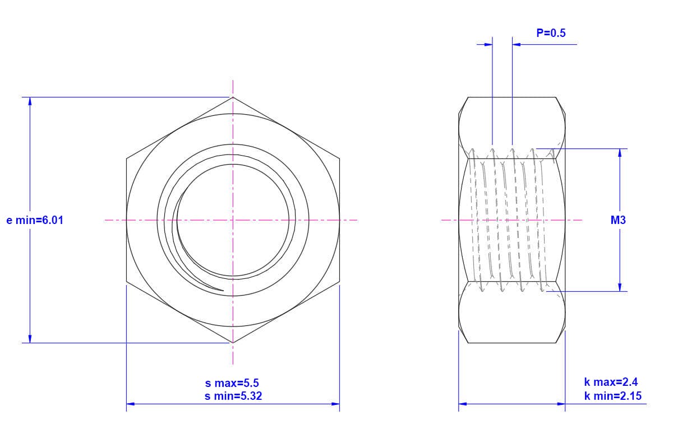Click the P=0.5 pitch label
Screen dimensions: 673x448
pos(551,33)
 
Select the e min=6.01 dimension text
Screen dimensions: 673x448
pos(35,220)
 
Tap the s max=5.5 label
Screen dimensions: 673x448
pos(232,383)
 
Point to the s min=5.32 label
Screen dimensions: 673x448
pos(233,396)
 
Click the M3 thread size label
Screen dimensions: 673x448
pos(618,220)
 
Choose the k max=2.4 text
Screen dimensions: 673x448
pos(611,382)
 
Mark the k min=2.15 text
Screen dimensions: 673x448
pos(612,396)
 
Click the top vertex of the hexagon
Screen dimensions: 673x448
pos(233,97)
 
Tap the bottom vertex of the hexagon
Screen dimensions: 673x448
pos(233,343)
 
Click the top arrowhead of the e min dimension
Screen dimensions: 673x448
pos(30,101)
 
